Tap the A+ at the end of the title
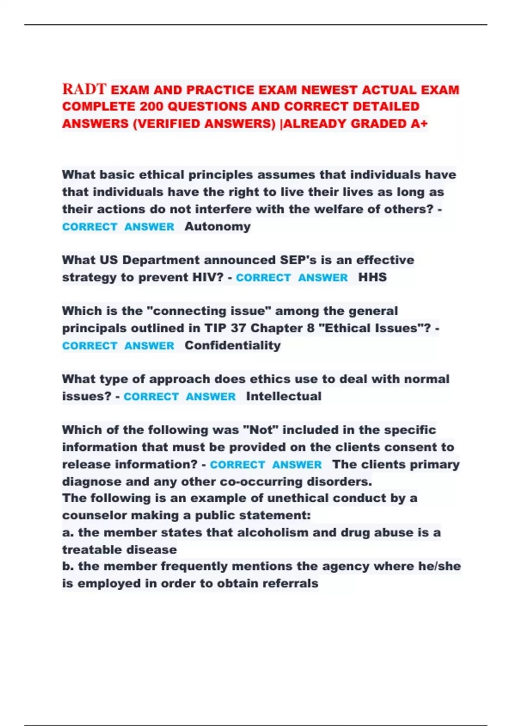tap(419, 124)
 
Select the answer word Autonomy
tap(218, 226)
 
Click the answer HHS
tap(372, 277)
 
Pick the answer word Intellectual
tap(284, 396)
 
